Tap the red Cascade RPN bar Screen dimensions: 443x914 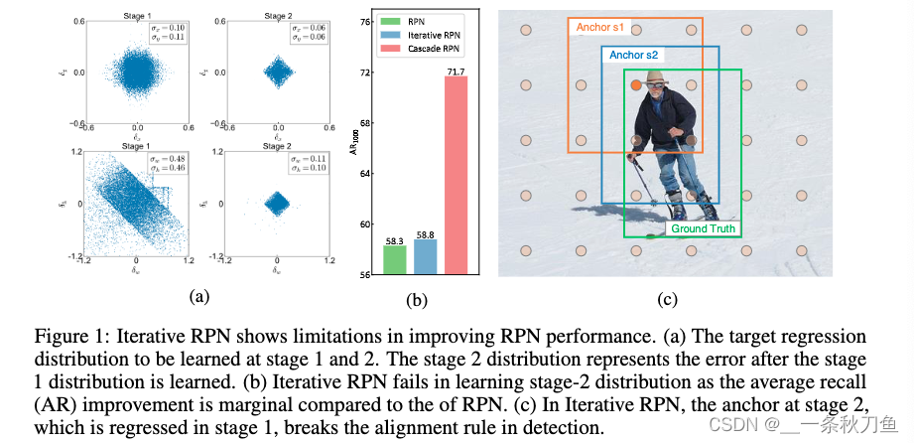click(x=456, y=174)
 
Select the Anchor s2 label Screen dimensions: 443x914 click(x=633, y=56)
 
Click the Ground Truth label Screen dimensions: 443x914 click(x=704, y=228)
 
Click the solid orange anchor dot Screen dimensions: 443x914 click(x=637, y=86)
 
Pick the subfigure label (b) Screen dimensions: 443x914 click(x=425, y=297)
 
